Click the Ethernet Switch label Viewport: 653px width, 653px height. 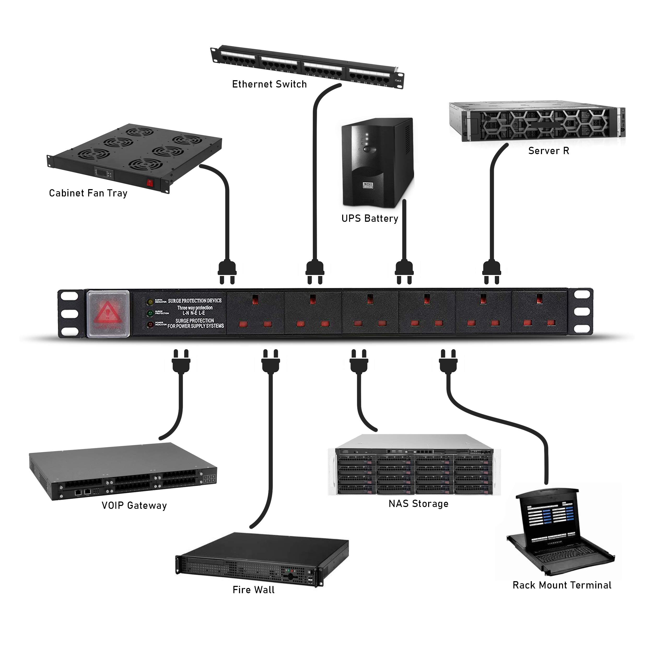269,84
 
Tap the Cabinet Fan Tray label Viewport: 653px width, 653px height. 88,193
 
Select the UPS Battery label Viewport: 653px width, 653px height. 370,218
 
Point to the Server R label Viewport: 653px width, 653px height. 549,151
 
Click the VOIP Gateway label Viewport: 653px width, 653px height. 134,505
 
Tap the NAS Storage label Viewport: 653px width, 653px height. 418,504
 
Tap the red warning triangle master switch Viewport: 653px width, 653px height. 107,313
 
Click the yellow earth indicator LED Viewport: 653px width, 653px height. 149,301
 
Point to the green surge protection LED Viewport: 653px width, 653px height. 149,313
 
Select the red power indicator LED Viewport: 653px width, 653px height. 149,325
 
